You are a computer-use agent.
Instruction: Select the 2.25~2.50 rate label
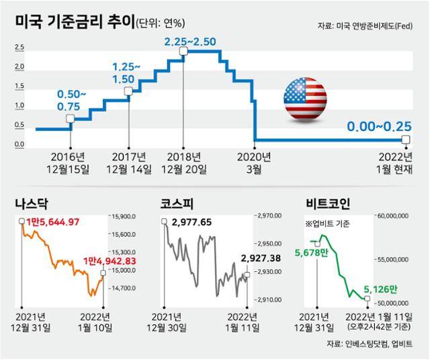190,42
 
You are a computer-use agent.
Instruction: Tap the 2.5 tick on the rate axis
19,48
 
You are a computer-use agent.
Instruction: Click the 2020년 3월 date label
255,163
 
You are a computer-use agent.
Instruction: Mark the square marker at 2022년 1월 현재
405,140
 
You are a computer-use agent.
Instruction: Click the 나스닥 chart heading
32,202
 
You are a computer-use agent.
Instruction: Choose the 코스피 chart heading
176,202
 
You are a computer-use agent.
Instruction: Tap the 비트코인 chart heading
327,202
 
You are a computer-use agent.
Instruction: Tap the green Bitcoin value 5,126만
381,289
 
